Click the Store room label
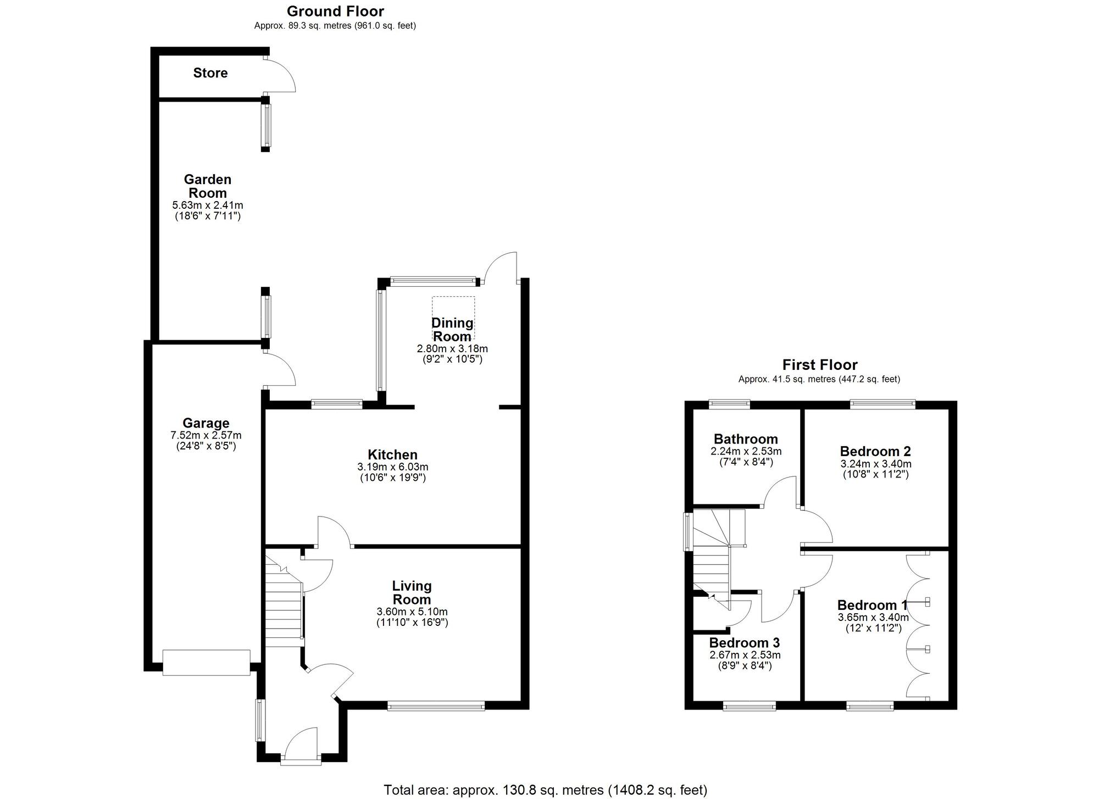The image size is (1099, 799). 210,73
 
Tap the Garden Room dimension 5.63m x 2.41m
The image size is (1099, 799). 207,205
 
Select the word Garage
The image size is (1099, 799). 206,423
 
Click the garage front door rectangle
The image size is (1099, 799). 206,662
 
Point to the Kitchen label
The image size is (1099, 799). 392,454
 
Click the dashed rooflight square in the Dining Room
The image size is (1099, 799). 453,318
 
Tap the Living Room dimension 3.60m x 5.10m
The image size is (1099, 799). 412,612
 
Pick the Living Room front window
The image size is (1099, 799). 436,706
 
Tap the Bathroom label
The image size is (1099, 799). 746,439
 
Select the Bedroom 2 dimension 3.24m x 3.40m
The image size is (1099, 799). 875,464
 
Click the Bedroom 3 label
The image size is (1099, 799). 744,643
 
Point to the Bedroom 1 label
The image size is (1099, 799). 872,605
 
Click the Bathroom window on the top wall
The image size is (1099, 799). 729,405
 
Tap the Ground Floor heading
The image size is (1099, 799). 335,11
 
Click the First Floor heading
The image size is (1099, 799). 819,365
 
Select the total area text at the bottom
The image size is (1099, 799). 545,790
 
